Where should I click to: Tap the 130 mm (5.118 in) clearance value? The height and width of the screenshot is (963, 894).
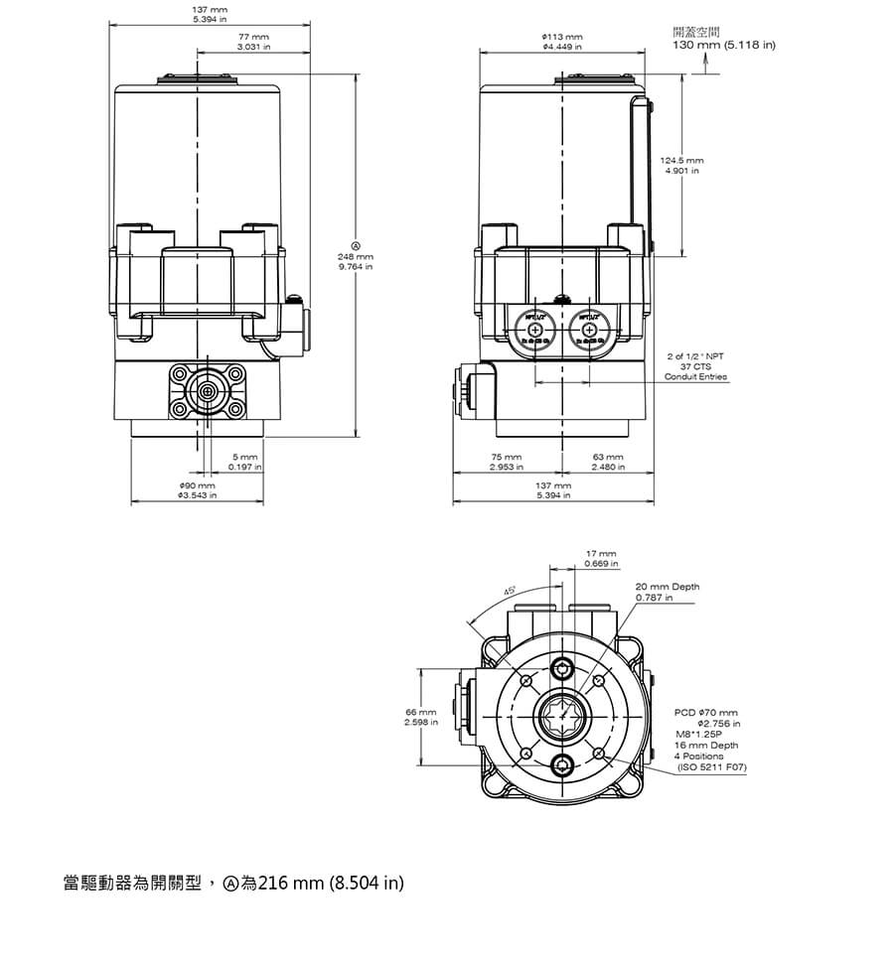click(724, 46)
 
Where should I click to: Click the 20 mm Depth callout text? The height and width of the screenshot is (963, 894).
click(668, 587)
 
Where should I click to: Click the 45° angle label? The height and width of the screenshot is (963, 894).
click(511, 592)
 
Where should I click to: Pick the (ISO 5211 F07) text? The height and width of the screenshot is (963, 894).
click(711, 767)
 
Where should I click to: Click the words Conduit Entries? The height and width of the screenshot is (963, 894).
click(695, 377)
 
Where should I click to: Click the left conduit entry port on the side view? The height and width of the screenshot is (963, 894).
click(535, 330)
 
